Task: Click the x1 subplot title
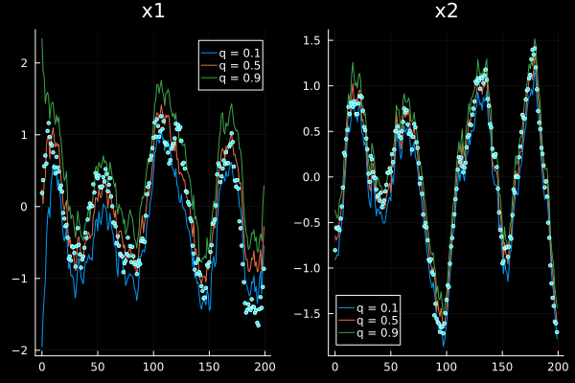pos(153,11)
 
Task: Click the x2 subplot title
pos(447,11)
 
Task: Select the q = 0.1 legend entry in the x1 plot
pos(231,54)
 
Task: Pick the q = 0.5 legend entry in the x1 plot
pos(231,66)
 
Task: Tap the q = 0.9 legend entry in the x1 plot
pos(231,79)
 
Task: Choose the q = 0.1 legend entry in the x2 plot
pos(368,308)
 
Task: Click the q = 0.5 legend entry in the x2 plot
pos(368,321)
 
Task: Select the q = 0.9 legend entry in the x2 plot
pos(368,333)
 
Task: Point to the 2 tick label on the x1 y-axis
pos(24,63)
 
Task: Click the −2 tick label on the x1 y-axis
pos(20,350)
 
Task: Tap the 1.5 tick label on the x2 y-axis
pos(311,40)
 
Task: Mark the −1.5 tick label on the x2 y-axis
pos(308,314)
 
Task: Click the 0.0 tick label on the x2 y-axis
pos(311,177)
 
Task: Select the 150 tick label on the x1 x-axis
pos(209,367)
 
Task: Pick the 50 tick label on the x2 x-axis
pos(391,367)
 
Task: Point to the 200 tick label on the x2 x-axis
pos(558,367)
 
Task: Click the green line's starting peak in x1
pos(42,38)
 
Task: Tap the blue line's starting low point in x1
pos(42,347)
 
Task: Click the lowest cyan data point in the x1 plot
pos(258,326)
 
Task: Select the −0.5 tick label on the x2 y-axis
pos(308,222)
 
